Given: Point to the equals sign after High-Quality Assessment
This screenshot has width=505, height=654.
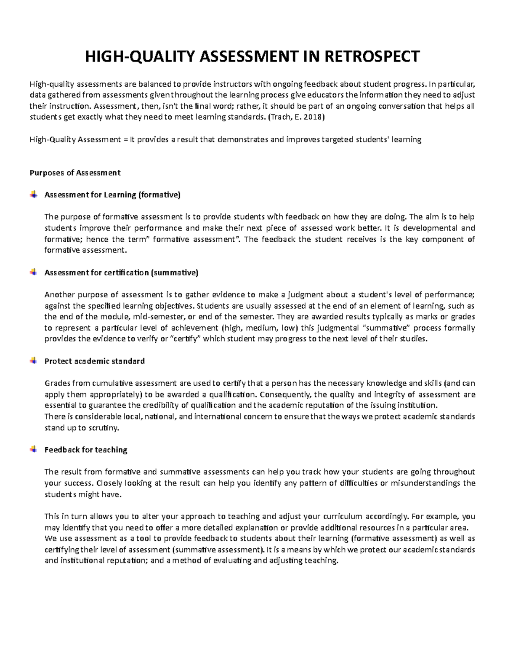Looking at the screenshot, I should tap(125, 139).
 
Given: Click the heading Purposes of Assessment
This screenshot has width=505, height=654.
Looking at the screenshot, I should tap(75, 173).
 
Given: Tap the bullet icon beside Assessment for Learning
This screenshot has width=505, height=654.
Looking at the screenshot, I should tap(33, 195).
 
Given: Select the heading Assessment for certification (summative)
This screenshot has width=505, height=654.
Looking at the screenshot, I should tap(121, 272).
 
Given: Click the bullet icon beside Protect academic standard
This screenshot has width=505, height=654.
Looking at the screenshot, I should tap(33, 361).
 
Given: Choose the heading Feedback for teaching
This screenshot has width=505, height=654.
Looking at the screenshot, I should tap(86, 450).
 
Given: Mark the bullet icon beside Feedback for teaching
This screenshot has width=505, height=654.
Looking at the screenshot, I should tap(33, 450).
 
